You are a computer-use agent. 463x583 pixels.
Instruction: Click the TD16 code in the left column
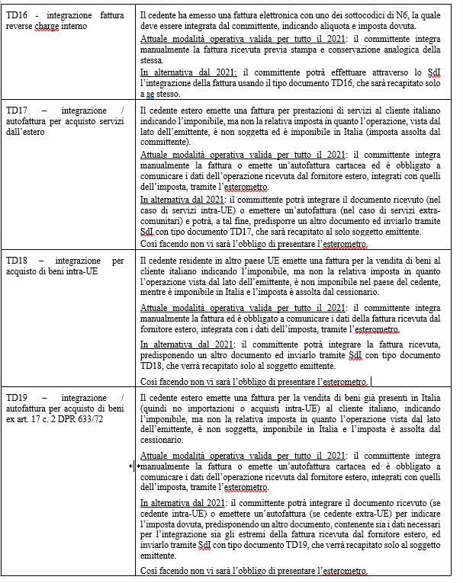(x=18, y=14)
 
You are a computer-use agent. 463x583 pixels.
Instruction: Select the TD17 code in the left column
(x=18, y=111)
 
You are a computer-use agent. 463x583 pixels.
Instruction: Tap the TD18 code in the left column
(x=18, y=261)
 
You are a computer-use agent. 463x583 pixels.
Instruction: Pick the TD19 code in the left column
(x=18, y=399)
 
